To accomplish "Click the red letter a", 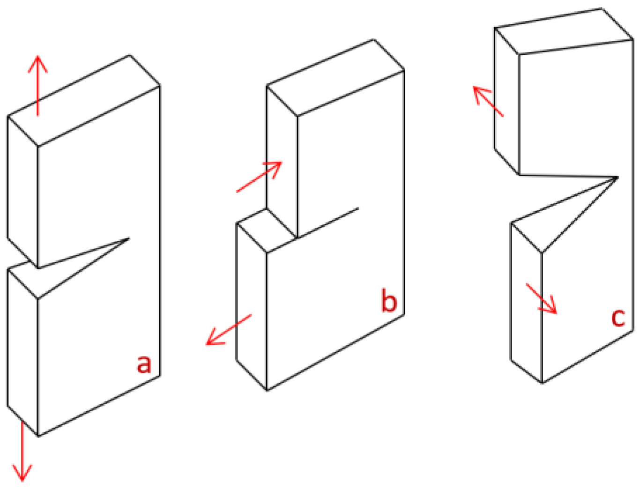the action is coord(144,364).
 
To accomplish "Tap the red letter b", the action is coord(389,300).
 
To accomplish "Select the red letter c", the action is coord(618,318).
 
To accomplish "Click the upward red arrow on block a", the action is coord(37,85).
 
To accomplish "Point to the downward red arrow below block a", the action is coord(22,451).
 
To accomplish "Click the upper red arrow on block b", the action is coord(259,177).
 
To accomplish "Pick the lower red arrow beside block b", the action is coord(229,330).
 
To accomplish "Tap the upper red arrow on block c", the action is coord(488,101).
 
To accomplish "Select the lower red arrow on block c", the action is coord(542,299).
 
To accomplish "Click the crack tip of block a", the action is coord(129,238).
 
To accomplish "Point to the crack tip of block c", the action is coord(618,177).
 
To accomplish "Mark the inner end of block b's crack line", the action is coord(358,208).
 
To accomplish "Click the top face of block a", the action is coord(84,100).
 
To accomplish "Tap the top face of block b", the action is coord(335,77).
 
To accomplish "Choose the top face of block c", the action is coord(563,31).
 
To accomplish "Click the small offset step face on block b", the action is coord(266,230).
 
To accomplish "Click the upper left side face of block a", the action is coord(23,192).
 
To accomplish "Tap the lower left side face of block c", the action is coord(526,303).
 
